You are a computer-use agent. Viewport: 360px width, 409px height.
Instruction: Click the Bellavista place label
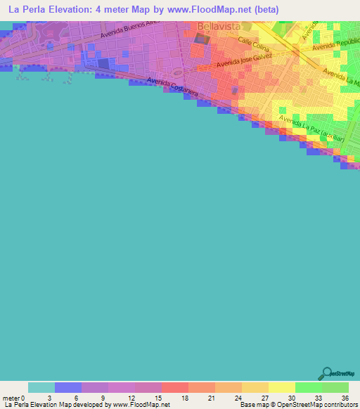[219, 26]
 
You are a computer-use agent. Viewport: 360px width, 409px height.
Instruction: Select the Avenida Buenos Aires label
[130, 29]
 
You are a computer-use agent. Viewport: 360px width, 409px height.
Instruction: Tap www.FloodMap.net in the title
[218, 10]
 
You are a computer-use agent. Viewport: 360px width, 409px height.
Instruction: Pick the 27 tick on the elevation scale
[269, 397]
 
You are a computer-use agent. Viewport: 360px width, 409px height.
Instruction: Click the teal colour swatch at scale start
[41, 387]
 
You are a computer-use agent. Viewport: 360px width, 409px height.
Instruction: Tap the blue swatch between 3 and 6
[68, 387]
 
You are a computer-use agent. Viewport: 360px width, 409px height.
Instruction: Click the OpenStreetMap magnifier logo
[326, 373]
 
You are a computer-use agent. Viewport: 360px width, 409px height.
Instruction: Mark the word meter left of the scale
[12, 397]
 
